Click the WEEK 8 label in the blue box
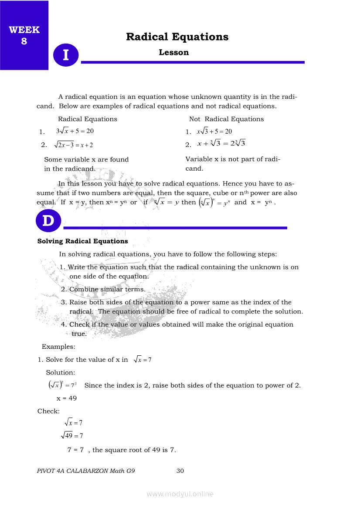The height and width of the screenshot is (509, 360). coord(24,35)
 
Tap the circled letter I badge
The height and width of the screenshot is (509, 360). coord(66,55)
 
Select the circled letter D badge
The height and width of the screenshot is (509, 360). coord(48,221)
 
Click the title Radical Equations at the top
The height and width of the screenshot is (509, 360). coord(177,37)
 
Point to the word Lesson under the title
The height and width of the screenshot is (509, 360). coord(173,53)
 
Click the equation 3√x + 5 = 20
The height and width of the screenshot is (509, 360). coord(75,131)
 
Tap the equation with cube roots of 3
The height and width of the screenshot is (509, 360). coord(221,143)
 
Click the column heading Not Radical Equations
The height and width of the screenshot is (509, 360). coord(226,119)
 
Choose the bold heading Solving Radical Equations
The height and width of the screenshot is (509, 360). coord(82,241)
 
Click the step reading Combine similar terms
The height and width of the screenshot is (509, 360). coord(107,289)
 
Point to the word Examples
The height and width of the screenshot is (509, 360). coord(58,347)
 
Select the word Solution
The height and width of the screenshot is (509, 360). coord(61,373)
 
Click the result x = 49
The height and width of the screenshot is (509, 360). coord(66,398)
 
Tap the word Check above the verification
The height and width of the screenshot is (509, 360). coord(48,411)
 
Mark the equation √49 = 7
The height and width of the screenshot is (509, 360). coord(72,435)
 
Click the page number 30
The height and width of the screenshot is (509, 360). coord(180,471)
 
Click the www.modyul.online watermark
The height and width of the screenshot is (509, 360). coord(180,494)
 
